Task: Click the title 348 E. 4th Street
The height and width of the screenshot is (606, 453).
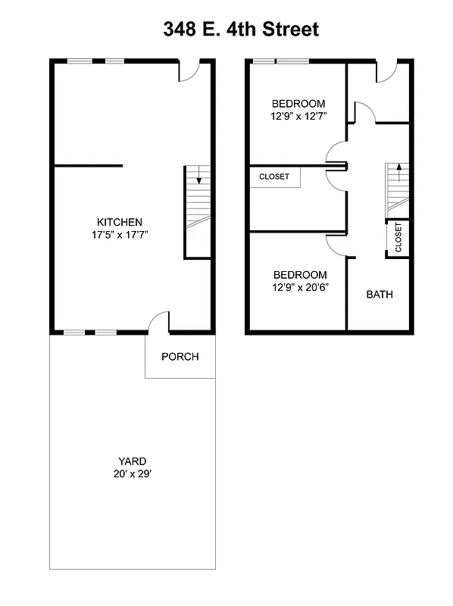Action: point(241,30)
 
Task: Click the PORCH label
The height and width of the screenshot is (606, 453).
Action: point(180,356)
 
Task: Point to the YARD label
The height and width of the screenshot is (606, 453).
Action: point(132,461)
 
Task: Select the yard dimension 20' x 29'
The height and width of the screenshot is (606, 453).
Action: point(132,473)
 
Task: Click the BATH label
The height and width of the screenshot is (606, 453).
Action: point(380,295)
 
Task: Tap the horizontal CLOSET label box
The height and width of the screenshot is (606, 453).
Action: point(275,177)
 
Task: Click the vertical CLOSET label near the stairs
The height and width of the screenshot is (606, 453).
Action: point(398,238)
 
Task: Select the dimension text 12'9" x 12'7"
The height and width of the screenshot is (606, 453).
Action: point(298,117)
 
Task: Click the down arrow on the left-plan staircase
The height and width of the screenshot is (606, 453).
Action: point(198,180)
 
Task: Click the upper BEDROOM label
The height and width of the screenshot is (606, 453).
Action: point(298,104)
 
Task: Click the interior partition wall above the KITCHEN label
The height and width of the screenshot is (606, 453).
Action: point(87,165)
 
